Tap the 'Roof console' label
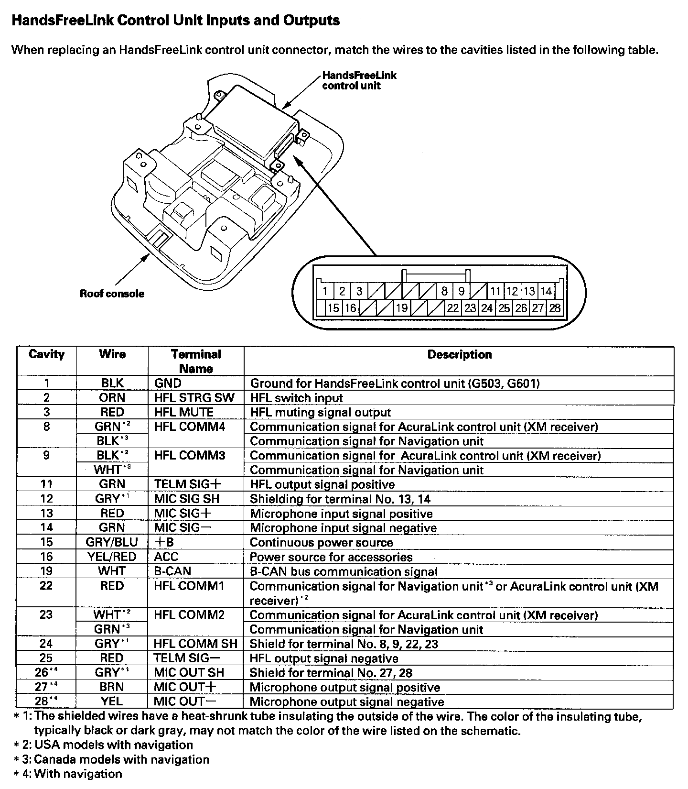coord(112,294)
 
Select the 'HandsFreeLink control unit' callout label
coord(359,80)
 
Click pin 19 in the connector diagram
coord(402,308)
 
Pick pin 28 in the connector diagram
coord(555,308)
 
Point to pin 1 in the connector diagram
coord(325,291)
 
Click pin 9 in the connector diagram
coord(461,291)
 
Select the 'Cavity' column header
coord(46,354)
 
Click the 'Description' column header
coord(459,354)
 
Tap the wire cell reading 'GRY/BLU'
coord(112,542)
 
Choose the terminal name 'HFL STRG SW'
coord(194,398)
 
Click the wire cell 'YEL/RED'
coord(112,557)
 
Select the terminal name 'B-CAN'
coord(172,571)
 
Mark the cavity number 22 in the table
coord(46,586)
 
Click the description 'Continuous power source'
coord(321,542)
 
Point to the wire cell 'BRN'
coord(112,687)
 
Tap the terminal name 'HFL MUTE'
coord(184,412)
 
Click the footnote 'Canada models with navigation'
coord(121,759)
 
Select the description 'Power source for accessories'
coord(331,557)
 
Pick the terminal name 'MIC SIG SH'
coord(186,499)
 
